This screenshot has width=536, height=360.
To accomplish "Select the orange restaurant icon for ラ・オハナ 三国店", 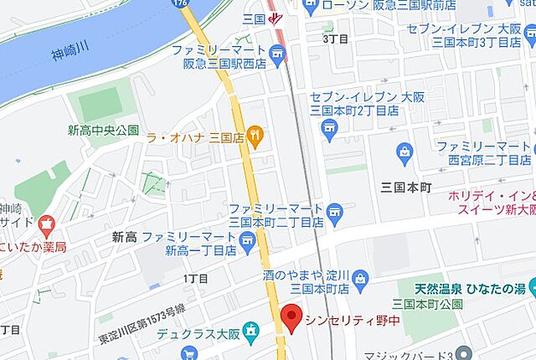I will click(x=255, y=136).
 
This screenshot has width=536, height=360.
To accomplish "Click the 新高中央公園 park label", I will click(x=103, y=130).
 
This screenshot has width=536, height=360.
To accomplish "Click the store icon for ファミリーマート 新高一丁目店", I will click(x=247, y=243).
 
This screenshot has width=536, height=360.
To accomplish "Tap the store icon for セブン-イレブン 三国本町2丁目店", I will click(x=327, y=130).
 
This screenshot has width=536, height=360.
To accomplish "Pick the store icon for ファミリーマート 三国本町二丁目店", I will click(x=335, y=209).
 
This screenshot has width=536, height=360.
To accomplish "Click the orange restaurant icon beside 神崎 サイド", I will click(x=45, y=224).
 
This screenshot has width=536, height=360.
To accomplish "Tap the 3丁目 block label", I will click(x=335, y=38).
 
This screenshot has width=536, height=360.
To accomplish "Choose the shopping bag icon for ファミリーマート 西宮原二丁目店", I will click(x=405, y=152).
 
